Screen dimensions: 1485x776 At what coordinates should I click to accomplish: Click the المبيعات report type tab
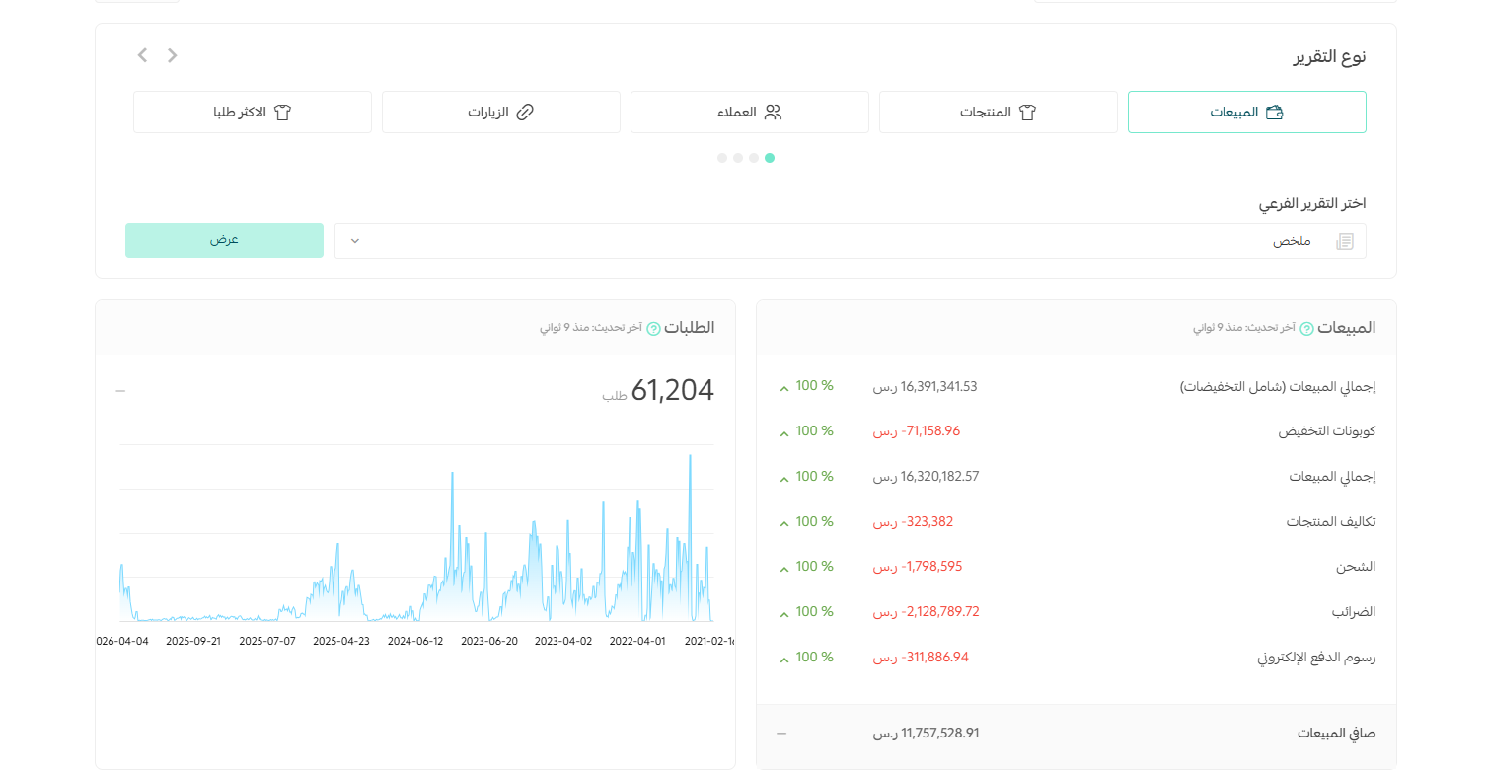[x=1246, y=113]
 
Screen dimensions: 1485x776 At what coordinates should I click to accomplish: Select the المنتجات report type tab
[x=998, y=113]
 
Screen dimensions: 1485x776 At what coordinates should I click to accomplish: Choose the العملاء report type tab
[x=749, y=113]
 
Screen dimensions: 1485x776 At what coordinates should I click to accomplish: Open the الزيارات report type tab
[x=500, y=113]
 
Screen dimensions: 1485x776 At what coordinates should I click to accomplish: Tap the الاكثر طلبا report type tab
[x=252, y=113]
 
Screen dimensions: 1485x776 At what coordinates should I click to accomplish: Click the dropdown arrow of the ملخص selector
[x=355, y=241]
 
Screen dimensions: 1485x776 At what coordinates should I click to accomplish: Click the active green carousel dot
[x=770, y=158]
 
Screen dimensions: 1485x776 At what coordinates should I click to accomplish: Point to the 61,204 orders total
[x=672, y=390]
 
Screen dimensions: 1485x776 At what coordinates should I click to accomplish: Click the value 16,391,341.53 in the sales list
[x=938, y=387]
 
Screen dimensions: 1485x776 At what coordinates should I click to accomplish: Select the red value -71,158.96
[x=930, y=431]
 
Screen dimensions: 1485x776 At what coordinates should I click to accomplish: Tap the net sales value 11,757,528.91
[x=940, y=733]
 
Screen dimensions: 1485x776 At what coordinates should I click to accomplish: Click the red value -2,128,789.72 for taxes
[x=940, y=611]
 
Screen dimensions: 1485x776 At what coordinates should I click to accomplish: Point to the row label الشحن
[x=1355, y=567]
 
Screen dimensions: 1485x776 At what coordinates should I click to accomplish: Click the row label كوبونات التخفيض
[x=1326, y=431]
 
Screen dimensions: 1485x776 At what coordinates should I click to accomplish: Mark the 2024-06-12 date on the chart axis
[x=415, y=642]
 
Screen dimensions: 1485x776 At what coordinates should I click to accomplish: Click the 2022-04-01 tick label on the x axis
[x=637, y=642]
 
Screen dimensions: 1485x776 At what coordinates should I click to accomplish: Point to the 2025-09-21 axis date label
[x=193, y=642]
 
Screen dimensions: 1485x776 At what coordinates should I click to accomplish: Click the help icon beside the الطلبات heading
[x=653, y=329]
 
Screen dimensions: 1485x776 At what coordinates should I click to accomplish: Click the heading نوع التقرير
[x=1329, y=57]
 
